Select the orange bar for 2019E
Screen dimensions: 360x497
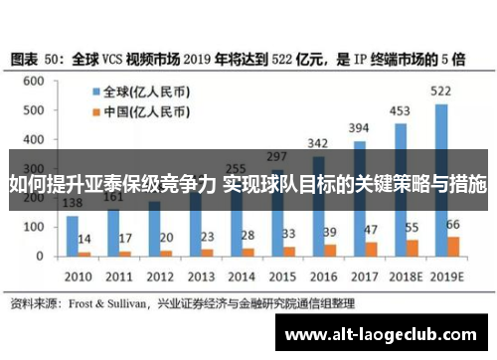pos(454,246)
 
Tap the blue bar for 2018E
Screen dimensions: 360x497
pos(401,189)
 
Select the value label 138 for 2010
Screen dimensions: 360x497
pos(73,204)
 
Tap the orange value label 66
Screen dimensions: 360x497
pos(452,225)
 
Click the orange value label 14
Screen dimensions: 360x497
pos(85,239)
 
